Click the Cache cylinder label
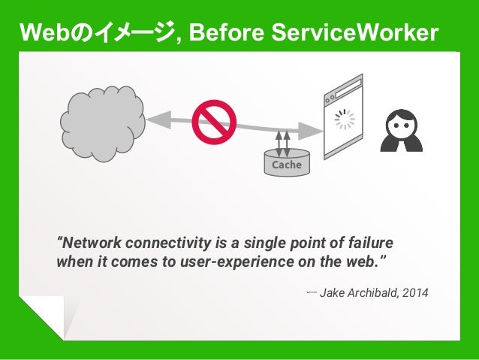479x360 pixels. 286,165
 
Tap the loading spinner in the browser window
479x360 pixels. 345,119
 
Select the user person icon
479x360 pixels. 402,129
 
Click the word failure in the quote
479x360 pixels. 370,244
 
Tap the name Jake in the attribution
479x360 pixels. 332,292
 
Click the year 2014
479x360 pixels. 416,292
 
